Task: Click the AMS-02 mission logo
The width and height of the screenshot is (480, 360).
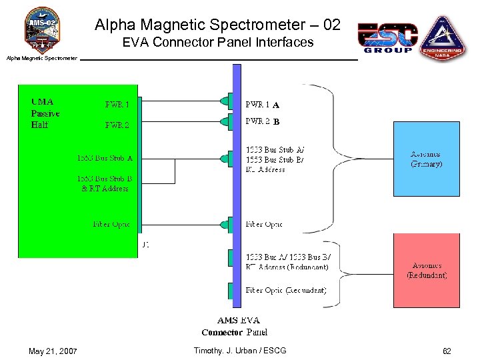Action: (42, 30)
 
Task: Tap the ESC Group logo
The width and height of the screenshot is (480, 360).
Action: (387, 38)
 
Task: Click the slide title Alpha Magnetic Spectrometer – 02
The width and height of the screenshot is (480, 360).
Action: (217, 25)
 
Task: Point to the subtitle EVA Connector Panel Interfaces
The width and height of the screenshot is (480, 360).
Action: (217, 43)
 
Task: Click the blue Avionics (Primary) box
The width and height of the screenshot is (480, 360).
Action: (426, 159)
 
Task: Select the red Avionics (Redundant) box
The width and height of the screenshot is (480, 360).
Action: (427, 270)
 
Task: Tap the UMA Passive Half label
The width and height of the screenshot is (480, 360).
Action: (45, 113)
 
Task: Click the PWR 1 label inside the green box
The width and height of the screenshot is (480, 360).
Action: (117, 105)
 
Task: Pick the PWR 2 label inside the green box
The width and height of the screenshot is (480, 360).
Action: (117, 125)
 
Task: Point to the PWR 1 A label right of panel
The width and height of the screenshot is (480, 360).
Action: (262, 105)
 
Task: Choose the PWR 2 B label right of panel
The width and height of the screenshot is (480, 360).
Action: (262, 122)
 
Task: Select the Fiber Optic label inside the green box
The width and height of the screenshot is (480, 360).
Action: (111, 224)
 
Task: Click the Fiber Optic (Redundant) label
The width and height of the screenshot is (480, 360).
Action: (286, 290)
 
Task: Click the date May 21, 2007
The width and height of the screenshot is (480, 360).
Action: (53, 351)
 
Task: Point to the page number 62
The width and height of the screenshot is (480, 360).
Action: (446, 351)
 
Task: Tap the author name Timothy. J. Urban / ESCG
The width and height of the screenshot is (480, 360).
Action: (239, 351)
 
